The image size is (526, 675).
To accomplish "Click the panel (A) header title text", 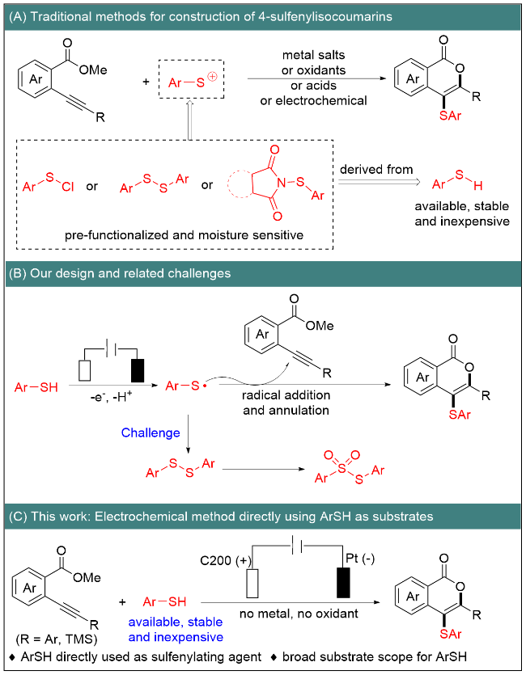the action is [201, 17].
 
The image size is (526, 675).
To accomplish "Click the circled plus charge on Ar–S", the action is [212, 77].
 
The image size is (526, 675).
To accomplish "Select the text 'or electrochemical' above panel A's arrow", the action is [313, 101].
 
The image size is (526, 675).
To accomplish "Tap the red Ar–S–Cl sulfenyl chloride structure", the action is [49, 183].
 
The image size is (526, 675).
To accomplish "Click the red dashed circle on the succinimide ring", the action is [238, 184].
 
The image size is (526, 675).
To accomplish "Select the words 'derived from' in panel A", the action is [376, 169].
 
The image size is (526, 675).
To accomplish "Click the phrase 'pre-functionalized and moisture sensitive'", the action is [184, 235].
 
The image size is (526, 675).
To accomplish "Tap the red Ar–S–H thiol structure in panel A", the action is [457, 181].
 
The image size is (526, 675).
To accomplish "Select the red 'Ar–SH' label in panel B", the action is [36, 387].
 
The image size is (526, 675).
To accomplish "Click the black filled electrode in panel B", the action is [138, 369].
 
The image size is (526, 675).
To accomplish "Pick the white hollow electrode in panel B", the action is [85, 369].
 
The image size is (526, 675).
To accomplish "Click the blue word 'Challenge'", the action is [151, 432].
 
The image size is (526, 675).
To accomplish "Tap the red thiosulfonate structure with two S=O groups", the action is [350, 468].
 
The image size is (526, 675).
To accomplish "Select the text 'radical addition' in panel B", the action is [286, 395].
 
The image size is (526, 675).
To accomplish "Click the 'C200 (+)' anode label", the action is [226, 560].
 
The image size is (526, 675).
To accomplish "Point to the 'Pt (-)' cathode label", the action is [360, 559].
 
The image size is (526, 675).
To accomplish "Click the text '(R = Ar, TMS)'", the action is [57, 639].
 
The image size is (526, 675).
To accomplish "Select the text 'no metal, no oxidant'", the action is [299, 614].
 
